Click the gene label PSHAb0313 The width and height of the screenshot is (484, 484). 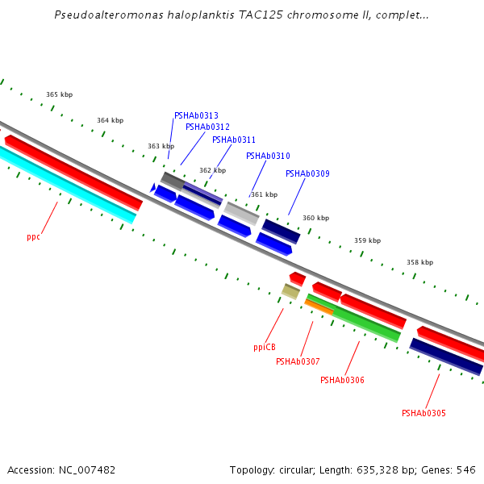pyautogui.click(x=196, y=115)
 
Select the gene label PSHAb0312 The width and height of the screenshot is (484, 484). pyautogui.click(x=207, y=127)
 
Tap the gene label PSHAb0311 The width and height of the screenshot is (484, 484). pyautogui.click(x=234, y=140)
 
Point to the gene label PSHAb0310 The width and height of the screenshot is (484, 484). pyautogui.click(x=268, y=156)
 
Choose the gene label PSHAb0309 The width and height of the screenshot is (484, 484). pyautogui.click(x=307, y=173)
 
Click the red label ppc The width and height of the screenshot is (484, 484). pyautogui.click(x=33, y=237)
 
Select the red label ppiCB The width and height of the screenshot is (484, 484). pyautogui.click(x=265, y=348)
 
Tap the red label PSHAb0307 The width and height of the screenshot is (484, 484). pyautogui.click(x=298, y=361)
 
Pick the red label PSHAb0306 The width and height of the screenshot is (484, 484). pyautogui.click(x=342, y=380)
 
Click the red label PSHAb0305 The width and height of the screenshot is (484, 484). pyautogui.click(x=423, y=413)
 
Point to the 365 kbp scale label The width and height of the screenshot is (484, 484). pyautogui.click(x=59, y=94)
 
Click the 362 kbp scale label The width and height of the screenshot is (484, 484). pyautogui.click(x=212, y=170)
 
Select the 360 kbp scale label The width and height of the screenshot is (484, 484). pyautogui.click(x=315, y=218)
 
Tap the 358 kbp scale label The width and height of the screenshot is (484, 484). pyautogui.click(x=419, y=262)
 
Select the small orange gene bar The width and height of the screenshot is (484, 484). pyautogui.click(x=319, y=307)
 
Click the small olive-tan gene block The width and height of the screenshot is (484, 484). pyautogui.click(x=290, y=291)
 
